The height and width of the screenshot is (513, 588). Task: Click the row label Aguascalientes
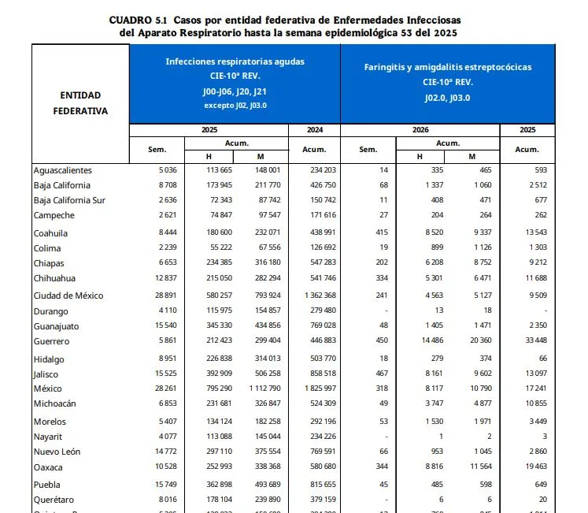pos(62,170)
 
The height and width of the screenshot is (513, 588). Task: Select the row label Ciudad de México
pos(68,296)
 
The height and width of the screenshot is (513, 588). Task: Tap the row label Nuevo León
pos(57,452)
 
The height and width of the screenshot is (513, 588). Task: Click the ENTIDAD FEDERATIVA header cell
pos(80,103)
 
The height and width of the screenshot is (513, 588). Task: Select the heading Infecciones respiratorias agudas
pos(235,61)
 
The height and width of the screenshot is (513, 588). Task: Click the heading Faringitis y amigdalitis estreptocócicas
pos(448,67)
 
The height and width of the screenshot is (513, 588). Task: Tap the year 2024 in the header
pos(314,129)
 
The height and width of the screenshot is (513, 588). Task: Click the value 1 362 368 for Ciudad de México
pos(315,296)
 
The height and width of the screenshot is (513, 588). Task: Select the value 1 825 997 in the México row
pos(315,389)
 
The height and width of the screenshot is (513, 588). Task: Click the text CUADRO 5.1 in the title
pos(139,18)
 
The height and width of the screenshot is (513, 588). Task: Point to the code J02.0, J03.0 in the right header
pos(448,98)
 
